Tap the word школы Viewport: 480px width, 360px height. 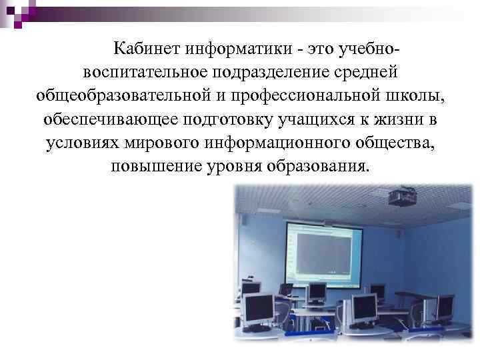point(419,95)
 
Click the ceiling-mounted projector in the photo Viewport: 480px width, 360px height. point(400,196)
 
